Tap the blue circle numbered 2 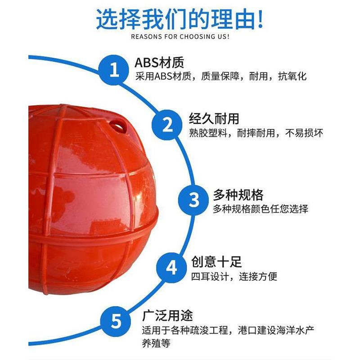pos(167,124)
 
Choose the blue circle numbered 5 pos(116,321)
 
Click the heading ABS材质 pos(160,62)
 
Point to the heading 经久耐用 pos(214,119)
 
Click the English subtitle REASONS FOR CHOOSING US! pos(180,36)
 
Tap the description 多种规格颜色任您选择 pos(261,209)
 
